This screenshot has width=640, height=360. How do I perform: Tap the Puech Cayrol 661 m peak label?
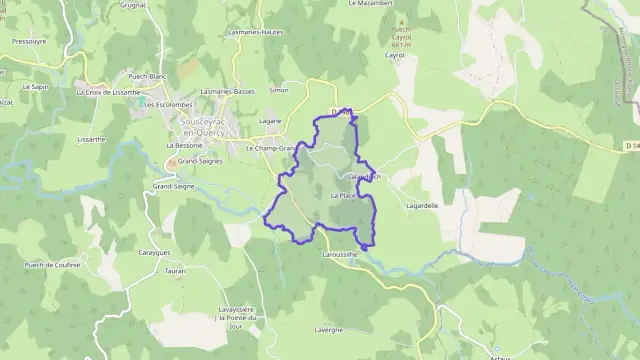401,37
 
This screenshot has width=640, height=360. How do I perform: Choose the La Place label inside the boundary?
343,196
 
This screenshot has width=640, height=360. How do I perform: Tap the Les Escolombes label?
167,104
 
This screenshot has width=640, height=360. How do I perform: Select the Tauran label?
174,271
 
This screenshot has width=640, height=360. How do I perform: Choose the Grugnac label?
134,4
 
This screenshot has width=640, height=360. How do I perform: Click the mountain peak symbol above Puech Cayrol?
401,20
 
